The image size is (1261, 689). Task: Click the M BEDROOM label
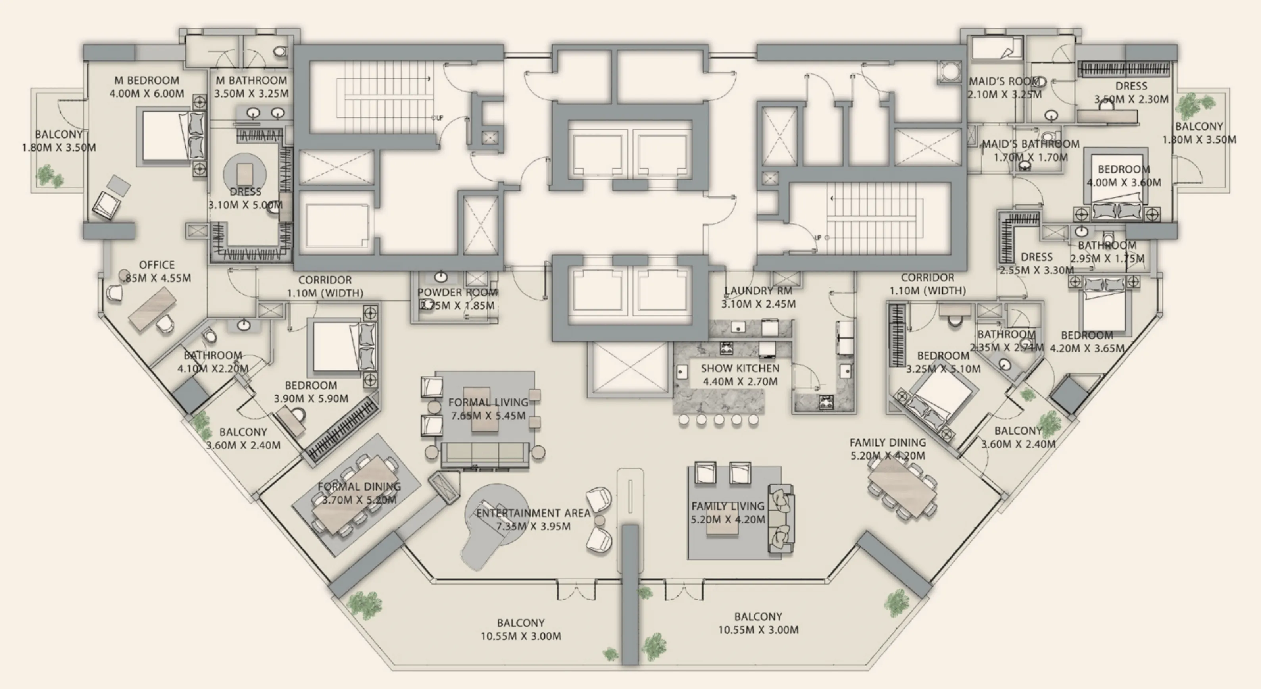(146, 80)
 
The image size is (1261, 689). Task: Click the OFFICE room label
(157, 265)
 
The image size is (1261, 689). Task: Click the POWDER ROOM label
(457, 293)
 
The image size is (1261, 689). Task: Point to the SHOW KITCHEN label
(740, 368)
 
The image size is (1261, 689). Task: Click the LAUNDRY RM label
(758, 291)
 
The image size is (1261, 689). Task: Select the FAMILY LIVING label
(727, 506)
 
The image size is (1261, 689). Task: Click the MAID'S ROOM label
(1003, 81)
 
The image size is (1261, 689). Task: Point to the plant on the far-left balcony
(47, 175)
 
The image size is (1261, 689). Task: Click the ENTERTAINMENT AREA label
(533, 513)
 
